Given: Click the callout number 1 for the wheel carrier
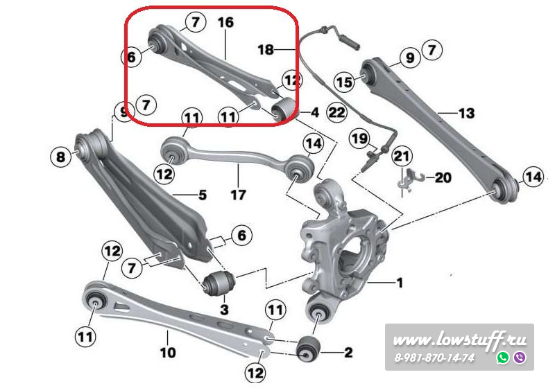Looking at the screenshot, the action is pos(400,283).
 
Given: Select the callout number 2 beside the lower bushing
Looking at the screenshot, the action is pos(348,352).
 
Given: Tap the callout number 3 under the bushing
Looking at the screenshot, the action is pos(224,310).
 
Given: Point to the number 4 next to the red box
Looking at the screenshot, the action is pos(315,112).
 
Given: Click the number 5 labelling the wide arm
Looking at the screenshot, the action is pos(202,195).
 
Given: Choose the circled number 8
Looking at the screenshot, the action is pos(61,156).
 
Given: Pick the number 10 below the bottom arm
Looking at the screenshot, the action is pos(168,352).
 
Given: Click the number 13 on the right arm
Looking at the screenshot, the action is pos(466,113).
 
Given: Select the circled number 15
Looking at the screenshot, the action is pos(344,82).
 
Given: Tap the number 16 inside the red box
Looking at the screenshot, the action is pos(226,23).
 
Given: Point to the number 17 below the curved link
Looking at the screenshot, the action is pos(238,195).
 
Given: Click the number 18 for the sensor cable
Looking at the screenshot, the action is pos(266,49).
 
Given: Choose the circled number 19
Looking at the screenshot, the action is pos(360,138).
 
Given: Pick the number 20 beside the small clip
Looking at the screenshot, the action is pos(443,177).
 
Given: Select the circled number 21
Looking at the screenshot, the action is pos(402,156).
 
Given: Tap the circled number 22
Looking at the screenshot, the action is pos(336,112).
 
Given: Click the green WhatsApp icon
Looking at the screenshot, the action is pos(503,358).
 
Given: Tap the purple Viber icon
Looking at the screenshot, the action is pos(520,358).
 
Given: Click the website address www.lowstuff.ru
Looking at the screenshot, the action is pos(459,340).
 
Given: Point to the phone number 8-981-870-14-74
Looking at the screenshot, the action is pos(434,358).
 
